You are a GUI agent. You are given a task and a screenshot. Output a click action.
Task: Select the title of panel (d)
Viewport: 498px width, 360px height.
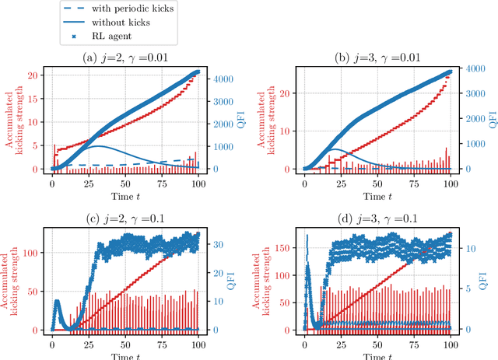point(377,218)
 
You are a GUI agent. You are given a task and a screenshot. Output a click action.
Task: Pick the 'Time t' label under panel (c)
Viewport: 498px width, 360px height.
point(125,354)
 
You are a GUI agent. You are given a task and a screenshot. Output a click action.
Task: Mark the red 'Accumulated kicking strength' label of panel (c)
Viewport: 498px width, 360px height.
point(12,281)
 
